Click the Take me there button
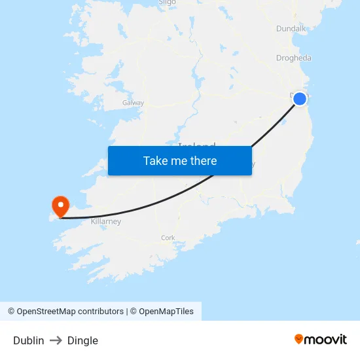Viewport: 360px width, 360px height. pyautogui.click(x=180, y=160)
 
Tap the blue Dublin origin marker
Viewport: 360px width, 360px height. pyautogui.click(x=299, y=99)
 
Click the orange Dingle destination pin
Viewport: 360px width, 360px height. pyautogui.click(x=60, y=207)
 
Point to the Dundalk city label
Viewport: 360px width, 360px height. pyautogui.click(x=291, y=29)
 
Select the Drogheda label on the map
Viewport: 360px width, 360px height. pyautogui.click(x=293, y=58)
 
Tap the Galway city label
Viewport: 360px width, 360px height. pyautogui.click(x=133, y=103)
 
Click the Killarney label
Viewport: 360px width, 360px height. pyautogui.click(x=106, y=222)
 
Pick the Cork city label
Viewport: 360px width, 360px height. pyautogui.click(x=168, y=238)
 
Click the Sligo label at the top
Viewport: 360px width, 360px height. pyautogui.click(x=167, y=3)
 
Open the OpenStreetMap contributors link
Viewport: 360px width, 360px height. pyautogui.click(x=70, y=312)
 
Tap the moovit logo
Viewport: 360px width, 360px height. pyautogui.click(x=320, y=339)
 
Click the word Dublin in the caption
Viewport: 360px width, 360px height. pyautogui.click(x=29, y=340)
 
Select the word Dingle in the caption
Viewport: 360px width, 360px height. pyautogui.click(x=82, y=340)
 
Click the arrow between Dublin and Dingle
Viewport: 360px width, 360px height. pyautogui.click(x=56, y=340)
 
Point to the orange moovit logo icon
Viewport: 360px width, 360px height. pyautogui.click(x=299, y=339)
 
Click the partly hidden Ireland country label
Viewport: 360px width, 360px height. pyautogui.click(x=196, y=145)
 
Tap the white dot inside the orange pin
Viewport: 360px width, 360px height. pyautogui.click(x=60, y=204)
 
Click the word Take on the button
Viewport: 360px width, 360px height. pyautogui.click(x=156, y=160)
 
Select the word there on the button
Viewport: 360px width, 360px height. pyautogui.click(x=202, y=160)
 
